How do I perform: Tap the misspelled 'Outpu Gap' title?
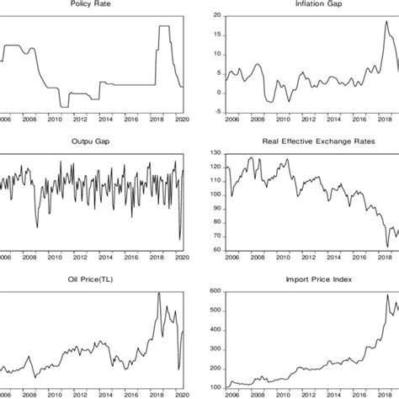tap(92, 141)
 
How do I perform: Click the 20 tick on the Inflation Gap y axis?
tap(215, 16)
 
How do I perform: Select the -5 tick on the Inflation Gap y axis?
tap(215, 112)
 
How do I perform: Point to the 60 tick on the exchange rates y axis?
tap(215, 250)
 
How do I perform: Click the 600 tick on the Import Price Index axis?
tap(213, 291)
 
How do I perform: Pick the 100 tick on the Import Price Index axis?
tap(213, 387)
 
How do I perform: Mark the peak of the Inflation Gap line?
tap(386, 22)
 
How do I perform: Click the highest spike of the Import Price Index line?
tap(388, 295)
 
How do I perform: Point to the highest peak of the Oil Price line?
tap(159, 293)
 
